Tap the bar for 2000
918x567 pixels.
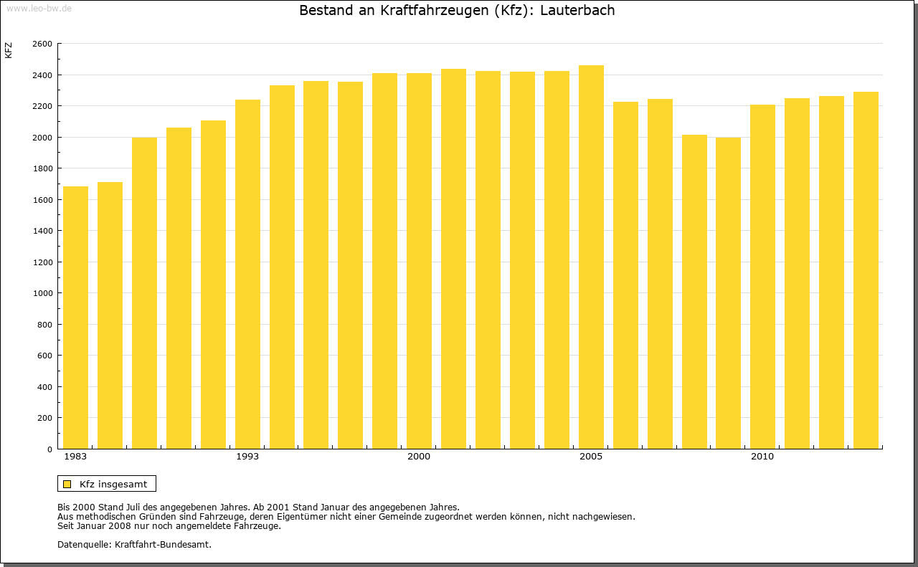(x=419, y=261)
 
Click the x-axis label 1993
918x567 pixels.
(x=247, y=457)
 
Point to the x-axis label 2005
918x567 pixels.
(x=591, y=457)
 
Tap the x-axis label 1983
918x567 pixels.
(x=75, y=457)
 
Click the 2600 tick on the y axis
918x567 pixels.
(x=42, y=44)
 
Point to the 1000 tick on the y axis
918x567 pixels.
(x=42, y=293)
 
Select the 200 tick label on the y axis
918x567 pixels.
(x=44, y=418)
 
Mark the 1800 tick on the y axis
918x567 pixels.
(x=42, y=168)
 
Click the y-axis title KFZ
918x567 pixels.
(x=9, y=50)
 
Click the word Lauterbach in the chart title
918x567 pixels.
(x=577, y=11)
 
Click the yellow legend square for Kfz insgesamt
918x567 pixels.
(x=67, y=484)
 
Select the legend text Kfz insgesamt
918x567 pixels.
(x=113, y=484)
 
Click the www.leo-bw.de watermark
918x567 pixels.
(x=38, y=7)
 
